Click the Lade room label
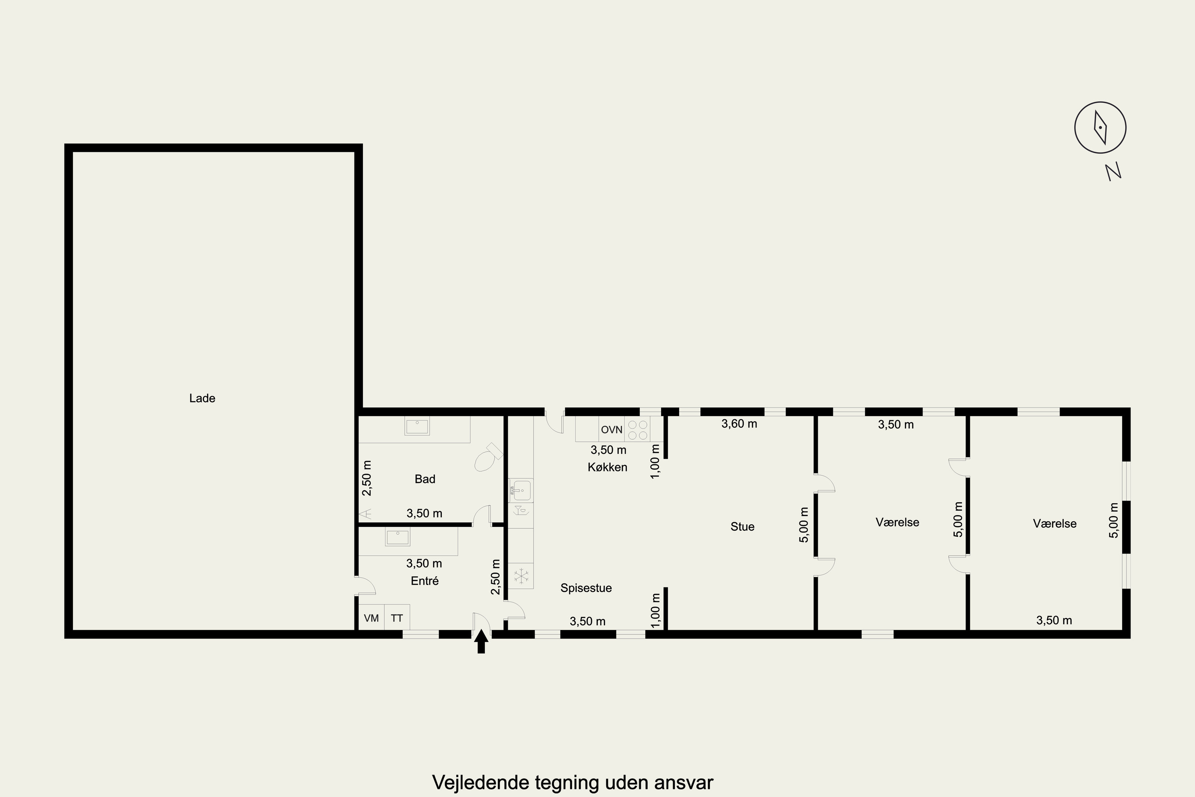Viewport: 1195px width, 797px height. coord(202,398)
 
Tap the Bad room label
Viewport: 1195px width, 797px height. coord(425,479)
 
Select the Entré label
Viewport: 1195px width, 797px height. coord(424,581)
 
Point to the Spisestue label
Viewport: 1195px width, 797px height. coord(586,588)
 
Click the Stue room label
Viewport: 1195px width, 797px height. coord(742,526)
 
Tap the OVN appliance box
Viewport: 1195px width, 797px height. coord(612,430)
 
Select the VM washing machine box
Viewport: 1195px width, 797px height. coord(371,618)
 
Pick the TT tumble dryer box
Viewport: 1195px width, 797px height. coord(397,618)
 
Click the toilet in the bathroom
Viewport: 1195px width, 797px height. coord(487,458)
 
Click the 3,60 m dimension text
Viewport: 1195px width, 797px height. coord(739,423)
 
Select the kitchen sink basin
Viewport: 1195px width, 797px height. coord(520,491)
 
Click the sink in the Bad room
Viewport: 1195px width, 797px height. coord(417,426)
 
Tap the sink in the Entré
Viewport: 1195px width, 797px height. coord(397,537)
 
